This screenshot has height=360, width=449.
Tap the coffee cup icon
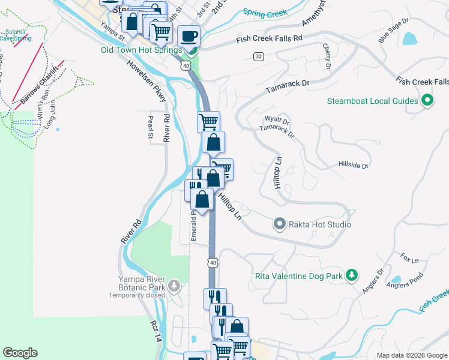190,36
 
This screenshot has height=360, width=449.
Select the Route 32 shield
258,56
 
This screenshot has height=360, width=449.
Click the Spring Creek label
264,11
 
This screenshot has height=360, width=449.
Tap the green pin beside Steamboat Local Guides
427,100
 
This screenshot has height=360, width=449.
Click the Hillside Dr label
353,164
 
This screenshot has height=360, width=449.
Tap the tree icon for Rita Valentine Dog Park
352,276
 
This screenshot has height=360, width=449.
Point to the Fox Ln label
409,259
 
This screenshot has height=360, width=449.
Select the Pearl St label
151,128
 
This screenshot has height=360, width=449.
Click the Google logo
20,352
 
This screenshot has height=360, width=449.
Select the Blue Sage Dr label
393,29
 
